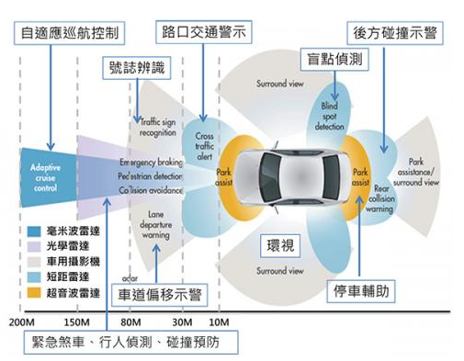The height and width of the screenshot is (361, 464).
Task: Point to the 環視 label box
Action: [281, 247]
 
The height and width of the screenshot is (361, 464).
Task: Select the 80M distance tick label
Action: [131, 323]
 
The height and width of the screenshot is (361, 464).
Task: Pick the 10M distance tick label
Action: [219, 323]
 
